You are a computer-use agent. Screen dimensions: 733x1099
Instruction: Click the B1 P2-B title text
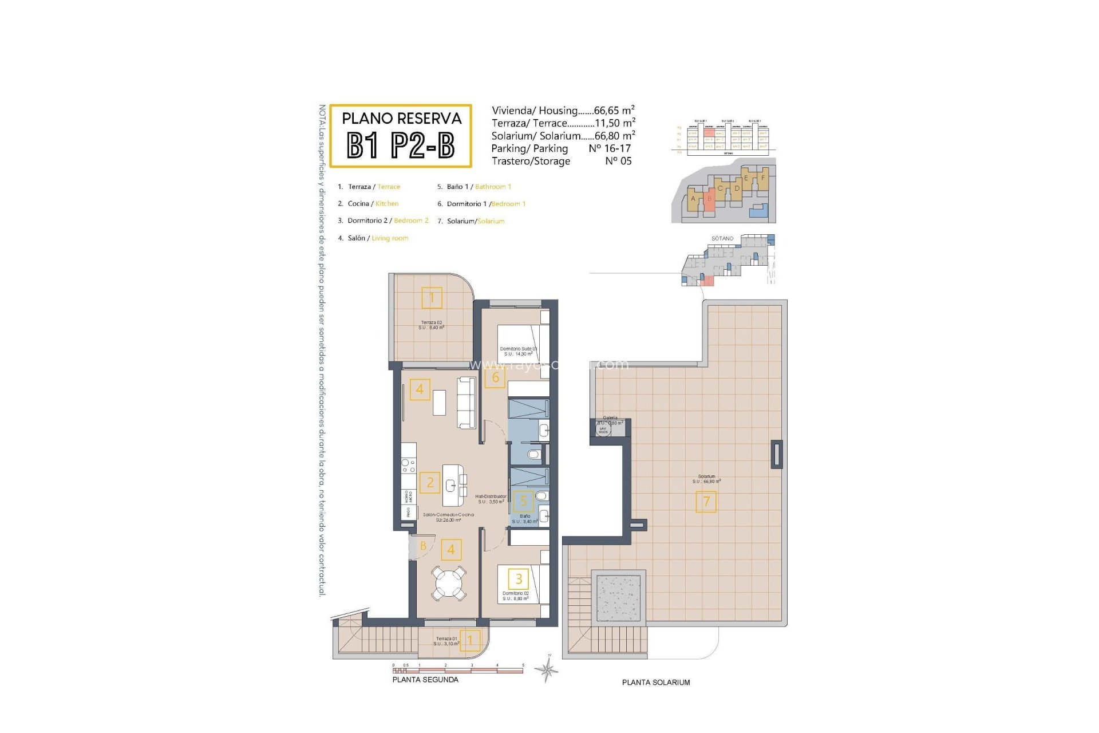coord(401,145)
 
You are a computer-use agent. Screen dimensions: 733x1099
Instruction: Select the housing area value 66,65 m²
coord(614,111)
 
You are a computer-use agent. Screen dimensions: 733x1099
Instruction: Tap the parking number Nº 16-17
coord(610,148)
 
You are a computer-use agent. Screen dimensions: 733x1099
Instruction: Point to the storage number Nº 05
coord(618,161)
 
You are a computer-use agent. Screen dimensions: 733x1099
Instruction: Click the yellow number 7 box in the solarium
coord(706,502)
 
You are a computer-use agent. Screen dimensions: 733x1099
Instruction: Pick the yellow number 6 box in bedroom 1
coord(495,377)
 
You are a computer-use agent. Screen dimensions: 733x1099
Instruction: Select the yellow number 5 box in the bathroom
coord(523,502)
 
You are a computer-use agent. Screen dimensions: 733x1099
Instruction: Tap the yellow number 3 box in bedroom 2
coord(519,579)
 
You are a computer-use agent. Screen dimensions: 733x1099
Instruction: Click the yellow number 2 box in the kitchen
coord(430,483)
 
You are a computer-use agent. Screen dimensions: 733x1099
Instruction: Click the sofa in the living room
coord(467,402)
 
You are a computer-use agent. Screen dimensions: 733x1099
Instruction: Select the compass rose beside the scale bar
coord(547,669)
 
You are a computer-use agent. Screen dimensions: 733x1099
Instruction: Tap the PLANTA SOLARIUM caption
coord(656,682)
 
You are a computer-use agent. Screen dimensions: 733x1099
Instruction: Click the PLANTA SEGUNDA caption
coord(425,680)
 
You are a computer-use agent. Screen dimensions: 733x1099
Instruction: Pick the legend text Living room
coord(390,238)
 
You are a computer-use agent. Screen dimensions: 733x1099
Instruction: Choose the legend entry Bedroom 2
coord(411,220)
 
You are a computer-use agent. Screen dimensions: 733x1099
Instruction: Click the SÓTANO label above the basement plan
coord(722,238)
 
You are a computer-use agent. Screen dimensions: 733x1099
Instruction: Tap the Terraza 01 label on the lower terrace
coord(446,639)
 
